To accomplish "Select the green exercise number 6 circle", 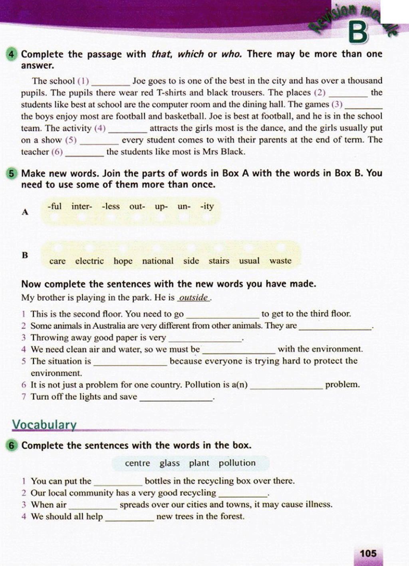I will pos(13,446).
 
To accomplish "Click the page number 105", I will pos(368,553).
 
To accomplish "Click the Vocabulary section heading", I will pos(44,424).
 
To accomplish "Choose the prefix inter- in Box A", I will pos(81,206).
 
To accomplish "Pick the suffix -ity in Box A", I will pos(207,206).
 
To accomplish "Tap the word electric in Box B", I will pos(89,261).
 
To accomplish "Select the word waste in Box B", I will pos(280,261).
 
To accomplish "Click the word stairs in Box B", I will pos(219,261).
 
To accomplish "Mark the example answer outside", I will pos(194,298).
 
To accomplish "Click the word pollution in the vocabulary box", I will pos(237,463).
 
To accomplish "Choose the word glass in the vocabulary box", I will pos(169,463).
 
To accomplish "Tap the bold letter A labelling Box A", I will pos(25,212).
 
